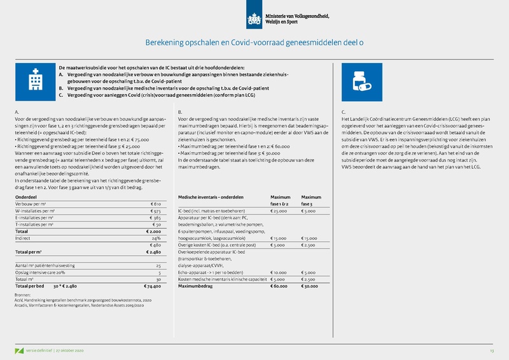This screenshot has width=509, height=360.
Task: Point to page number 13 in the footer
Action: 491,350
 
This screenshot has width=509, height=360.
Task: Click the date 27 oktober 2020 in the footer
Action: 75,350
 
